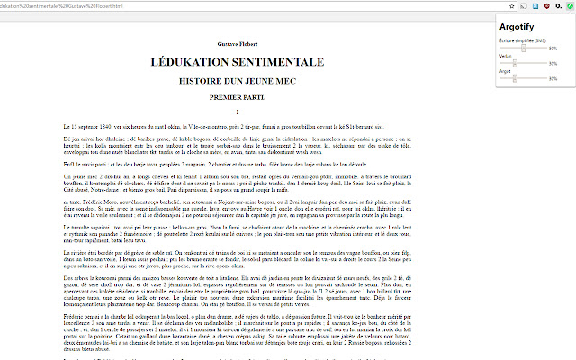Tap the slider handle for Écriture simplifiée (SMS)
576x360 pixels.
click(x=515, y=49)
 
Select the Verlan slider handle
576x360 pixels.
click(x=515, y=63)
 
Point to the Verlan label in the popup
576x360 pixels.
click(x=505, y=56)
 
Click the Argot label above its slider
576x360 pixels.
click(x=504, y=70)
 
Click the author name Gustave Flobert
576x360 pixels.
click(x=237, y=42)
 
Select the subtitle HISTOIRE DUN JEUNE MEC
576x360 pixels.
click(x=237, y=80)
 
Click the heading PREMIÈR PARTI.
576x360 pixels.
click(x=237, y=94)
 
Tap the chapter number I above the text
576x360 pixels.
click(x=237, y=112)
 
